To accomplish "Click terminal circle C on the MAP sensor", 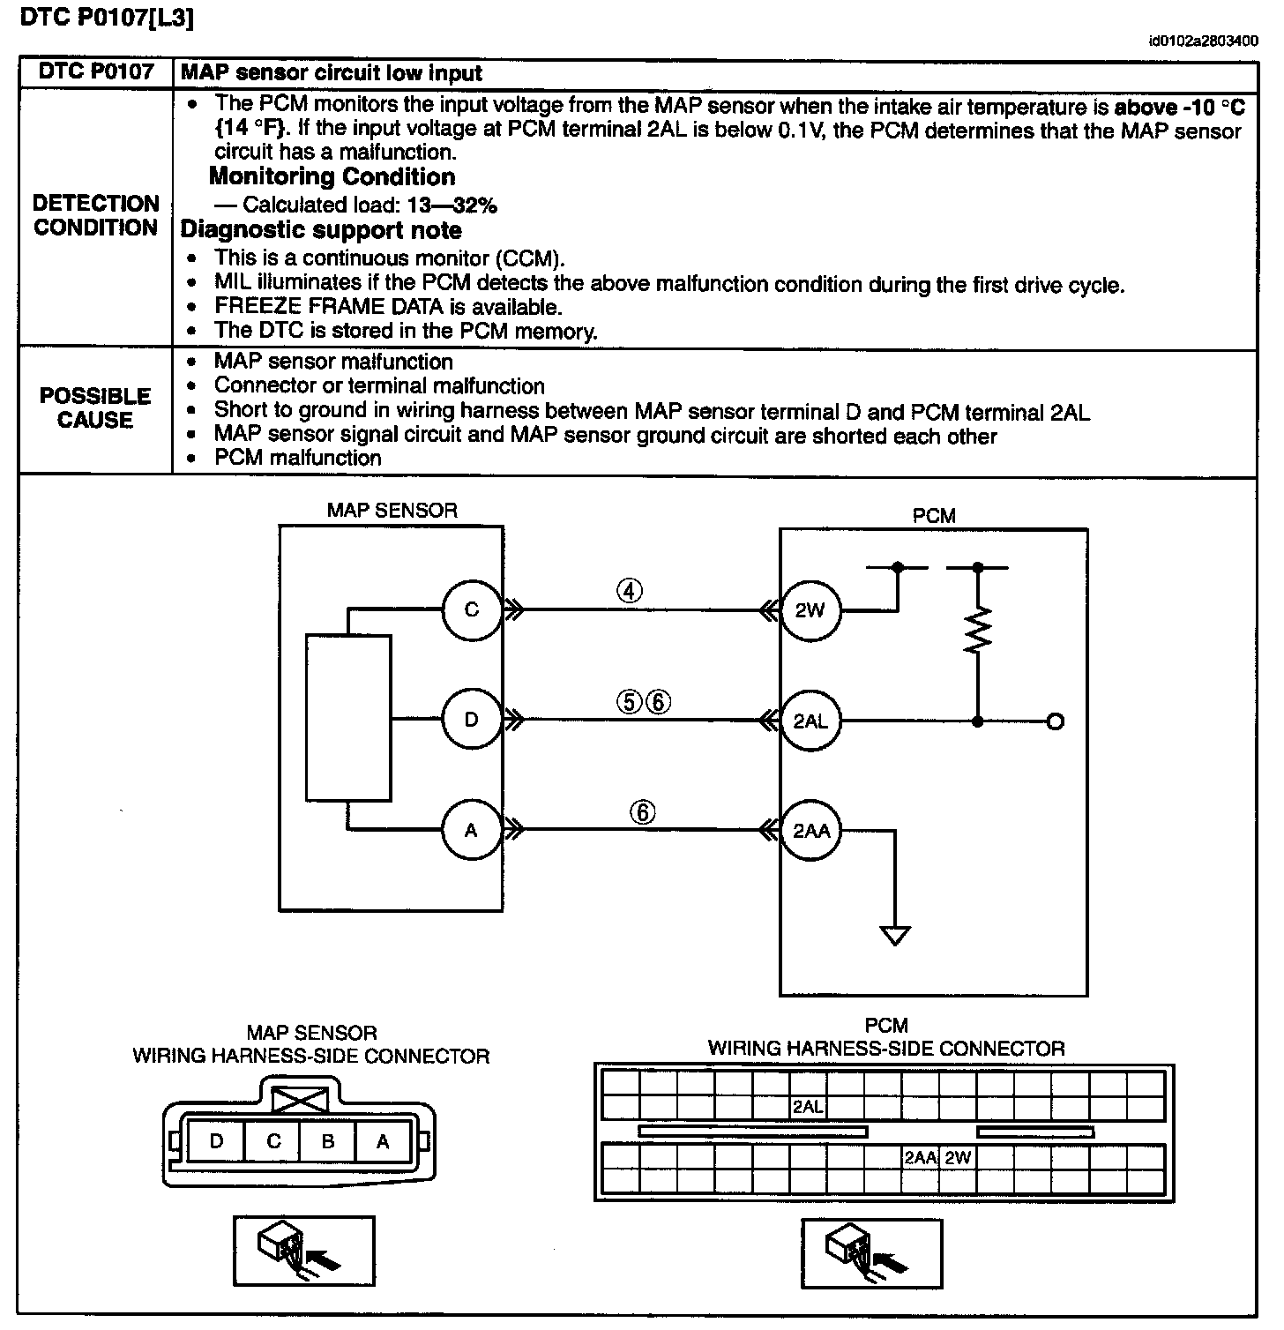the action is click(x=471, y=609).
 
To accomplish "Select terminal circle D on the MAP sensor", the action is click(x=471, y=720).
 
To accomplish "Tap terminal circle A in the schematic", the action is click(x=471, y=830).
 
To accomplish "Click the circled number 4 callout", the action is click(x=629, y=591).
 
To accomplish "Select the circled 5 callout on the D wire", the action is click(x=631, y=701).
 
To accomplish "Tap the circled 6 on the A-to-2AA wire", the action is click(x=643, y=811).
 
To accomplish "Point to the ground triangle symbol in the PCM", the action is click(x=895, y=935).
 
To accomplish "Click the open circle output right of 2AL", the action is click(x=1055, y=721).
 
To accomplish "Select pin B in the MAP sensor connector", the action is click(x=328, y=1141).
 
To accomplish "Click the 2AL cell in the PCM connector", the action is click(x=808, y=1106).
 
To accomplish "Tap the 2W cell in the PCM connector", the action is click(x=958, y=1157).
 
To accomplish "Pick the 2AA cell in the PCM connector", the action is click(x=921, y=1157).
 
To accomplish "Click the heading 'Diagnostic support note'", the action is click(x=321, y=230).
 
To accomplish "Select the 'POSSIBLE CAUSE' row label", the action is click(x=95, y=408).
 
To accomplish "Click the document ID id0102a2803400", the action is click(x=1204, y=41).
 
